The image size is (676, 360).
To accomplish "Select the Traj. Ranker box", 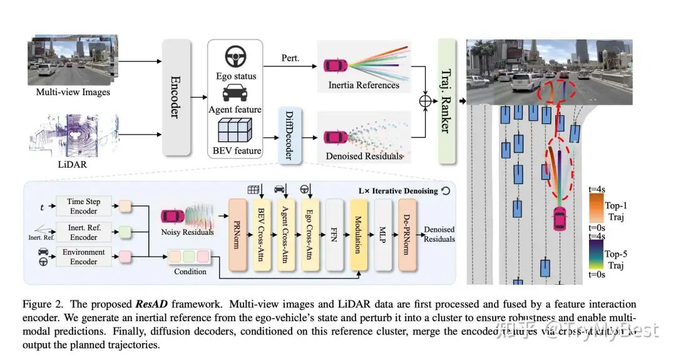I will click(x=447, y=100).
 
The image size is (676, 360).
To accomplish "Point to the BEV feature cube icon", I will click(x=235, y=132).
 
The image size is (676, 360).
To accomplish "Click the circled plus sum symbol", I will click(x=426, y=100).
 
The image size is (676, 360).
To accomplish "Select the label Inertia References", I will click(x=364, y=85).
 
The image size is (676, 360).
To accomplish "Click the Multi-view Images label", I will click(x=73, y=92).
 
